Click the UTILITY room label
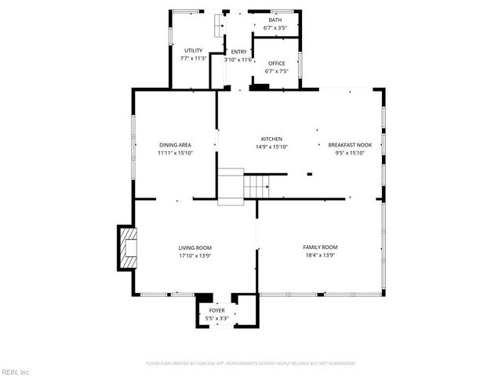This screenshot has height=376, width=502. [194, 51]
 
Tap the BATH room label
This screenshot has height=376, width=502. [275, 20]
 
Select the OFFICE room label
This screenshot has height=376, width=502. [276, 63]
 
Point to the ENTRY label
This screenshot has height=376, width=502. [238, 52]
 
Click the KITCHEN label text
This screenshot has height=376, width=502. [271, 139]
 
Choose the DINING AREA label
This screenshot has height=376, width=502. [175, 145]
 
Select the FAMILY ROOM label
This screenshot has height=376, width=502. [320, 248]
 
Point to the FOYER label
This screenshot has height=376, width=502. [216, 311]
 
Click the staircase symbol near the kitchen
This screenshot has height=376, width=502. [256, 186]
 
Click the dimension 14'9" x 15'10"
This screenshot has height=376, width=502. [271, 146]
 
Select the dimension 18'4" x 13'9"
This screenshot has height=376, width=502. [320, 255]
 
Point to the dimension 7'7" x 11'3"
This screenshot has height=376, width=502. [194, 58]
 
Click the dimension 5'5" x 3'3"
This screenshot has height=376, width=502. [216, 318]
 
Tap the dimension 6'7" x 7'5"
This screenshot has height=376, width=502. [276, 71]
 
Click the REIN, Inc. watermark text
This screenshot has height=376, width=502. [15, 371]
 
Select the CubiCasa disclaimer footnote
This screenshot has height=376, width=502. [251, 363]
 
